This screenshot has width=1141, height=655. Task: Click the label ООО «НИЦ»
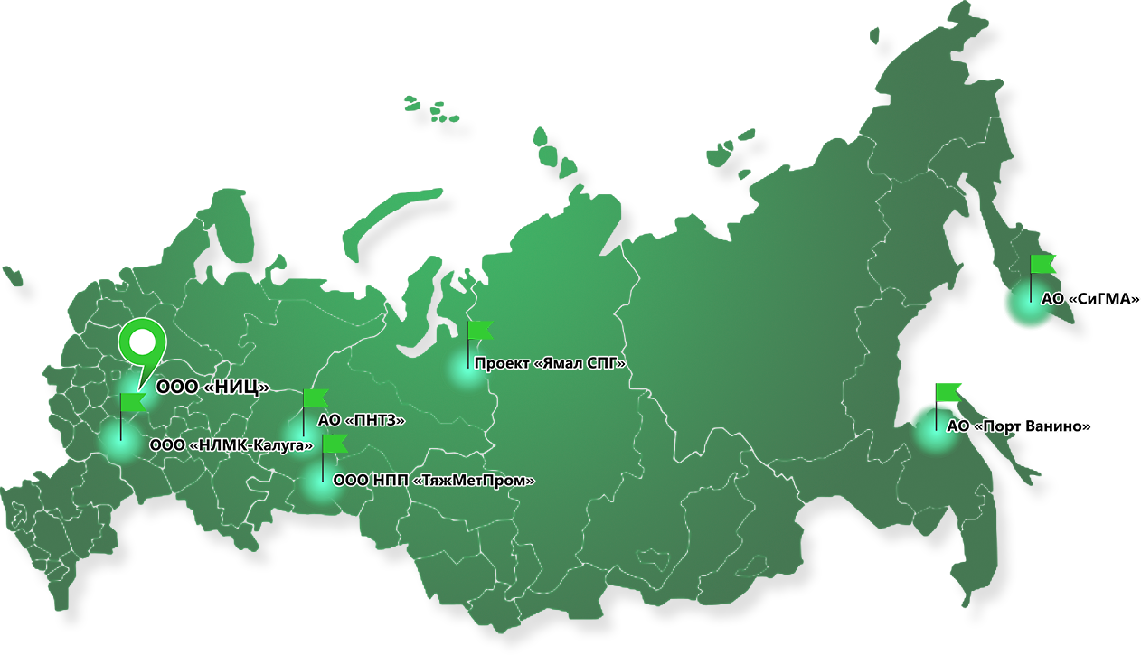[x=213, y=388]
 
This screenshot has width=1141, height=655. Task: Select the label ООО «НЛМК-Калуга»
[x=231, y=444]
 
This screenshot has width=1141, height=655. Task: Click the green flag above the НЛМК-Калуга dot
[x=134, y=402]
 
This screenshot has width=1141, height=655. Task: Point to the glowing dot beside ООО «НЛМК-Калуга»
[x=120, y=444]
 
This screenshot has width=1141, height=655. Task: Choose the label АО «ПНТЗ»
[x=361, y=420]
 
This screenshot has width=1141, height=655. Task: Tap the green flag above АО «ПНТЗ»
[x=316, y=398]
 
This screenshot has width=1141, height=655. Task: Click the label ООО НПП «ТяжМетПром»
[x=433, y=481]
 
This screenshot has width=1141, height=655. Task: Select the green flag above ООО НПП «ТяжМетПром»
[x=335, y=443]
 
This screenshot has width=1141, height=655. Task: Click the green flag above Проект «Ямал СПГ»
[x=480, y=330]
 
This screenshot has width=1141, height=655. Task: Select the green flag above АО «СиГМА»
[x=1048, y=265]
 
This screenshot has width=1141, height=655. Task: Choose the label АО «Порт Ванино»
[x=1018, y=426]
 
